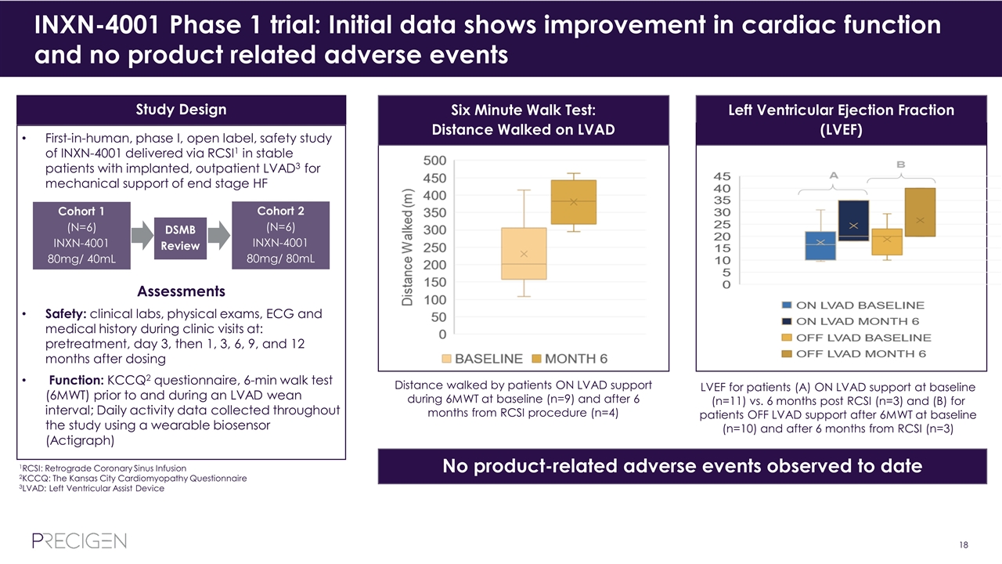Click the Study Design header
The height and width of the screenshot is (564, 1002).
pos(182,110)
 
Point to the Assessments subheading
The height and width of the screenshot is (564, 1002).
pos(182,291)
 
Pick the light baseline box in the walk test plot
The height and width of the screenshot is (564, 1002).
pos(524,253)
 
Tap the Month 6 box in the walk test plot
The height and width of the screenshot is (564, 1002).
pos(574,202)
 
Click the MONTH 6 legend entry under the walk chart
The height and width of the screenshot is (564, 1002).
pos(569,359)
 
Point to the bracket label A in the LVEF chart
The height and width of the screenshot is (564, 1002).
pos(833,176)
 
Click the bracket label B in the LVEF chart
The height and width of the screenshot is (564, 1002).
pos(901,164)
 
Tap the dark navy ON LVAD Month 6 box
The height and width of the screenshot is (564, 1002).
pos(853,220)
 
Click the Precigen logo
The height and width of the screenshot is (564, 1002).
pos(79,540)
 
